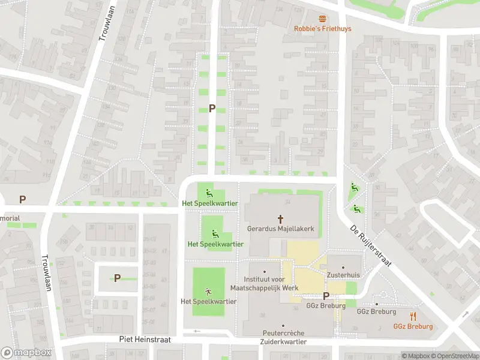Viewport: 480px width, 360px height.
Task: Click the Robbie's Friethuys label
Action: click(322, 28)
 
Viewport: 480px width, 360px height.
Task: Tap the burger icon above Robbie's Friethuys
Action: click(322, 19)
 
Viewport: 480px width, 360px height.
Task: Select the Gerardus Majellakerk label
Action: click(280, 229)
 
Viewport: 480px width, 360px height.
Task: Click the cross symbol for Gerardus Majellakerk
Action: click(280, 219)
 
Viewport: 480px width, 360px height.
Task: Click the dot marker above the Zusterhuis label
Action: click(343, 268)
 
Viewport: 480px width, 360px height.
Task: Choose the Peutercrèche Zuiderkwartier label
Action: click(284, 337)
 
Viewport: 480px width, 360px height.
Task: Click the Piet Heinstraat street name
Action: click(145, 339)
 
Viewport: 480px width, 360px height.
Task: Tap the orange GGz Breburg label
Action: click(413, 326)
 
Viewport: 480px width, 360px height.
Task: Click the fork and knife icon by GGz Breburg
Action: click(413, 316)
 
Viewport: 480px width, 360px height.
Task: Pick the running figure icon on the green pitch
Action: click(208, 291)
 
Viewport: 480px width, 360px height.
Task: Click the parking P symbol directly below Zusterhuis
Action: click(326, 295)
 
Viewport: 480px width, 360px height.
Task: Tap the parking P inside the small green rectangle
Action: click(117, 278)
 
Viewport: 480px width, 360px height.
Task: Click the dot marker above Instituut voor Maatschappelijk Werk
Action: click(265, 272)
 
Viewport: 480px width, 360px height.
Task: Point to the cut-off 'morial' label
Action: click(10, 218)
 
